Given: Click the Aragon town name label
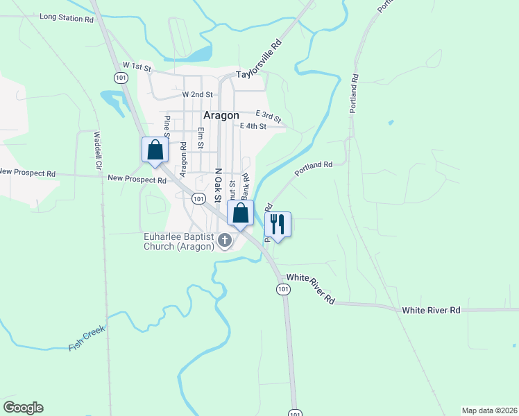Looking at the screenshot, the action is click(221, 116).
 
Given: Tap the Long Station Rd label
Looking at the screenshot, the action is click(67, 19).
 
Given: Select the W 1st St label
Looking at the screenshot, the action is click(137, 65).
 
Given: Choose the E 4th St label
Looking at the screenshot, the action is click(253, 126).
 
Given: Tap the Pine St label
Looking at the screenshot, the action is click(167, 126).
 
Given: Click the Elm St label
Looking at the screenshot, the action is click(200, 138).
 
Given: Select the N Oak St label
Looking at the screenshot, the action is click(217, 184).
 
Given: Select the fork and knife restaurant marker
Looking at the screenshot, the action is click(278, 225).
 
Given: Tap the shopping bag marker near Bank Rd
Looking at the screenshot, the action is click(240, 214).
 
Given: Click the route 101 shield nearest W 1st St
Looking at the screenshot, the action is click(121, 78).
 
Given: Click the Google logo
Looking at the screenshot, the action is click(23, 408).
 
